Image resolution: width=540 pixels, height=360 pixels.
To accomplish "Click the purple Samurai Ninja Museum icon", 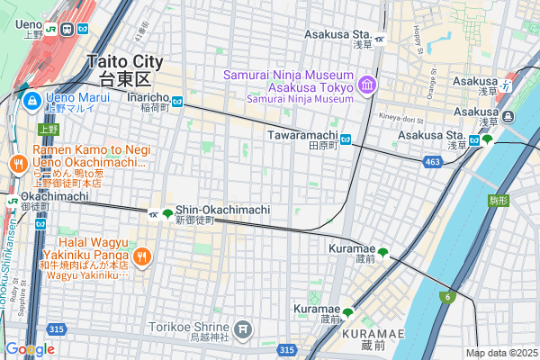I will tap(366, 85).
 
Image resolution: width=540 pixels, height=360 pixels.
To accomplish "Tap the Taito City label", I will tap(126, 62).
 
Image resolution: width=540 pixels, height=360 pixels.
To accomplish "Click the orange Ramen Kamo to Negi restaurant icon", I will tap(17, 163).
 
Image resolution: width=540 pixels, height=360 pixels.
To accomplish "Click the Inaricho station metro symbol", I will tap(178, 102).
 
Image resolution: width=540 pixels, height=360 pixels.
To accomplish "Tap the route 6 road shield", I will tap(447, 296).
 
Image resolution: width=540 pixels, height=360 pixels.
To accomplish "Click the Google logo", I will tap(29, 349).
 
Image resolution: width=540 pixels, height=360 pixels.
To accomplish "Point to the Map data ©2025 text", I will tap(501, 353).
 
